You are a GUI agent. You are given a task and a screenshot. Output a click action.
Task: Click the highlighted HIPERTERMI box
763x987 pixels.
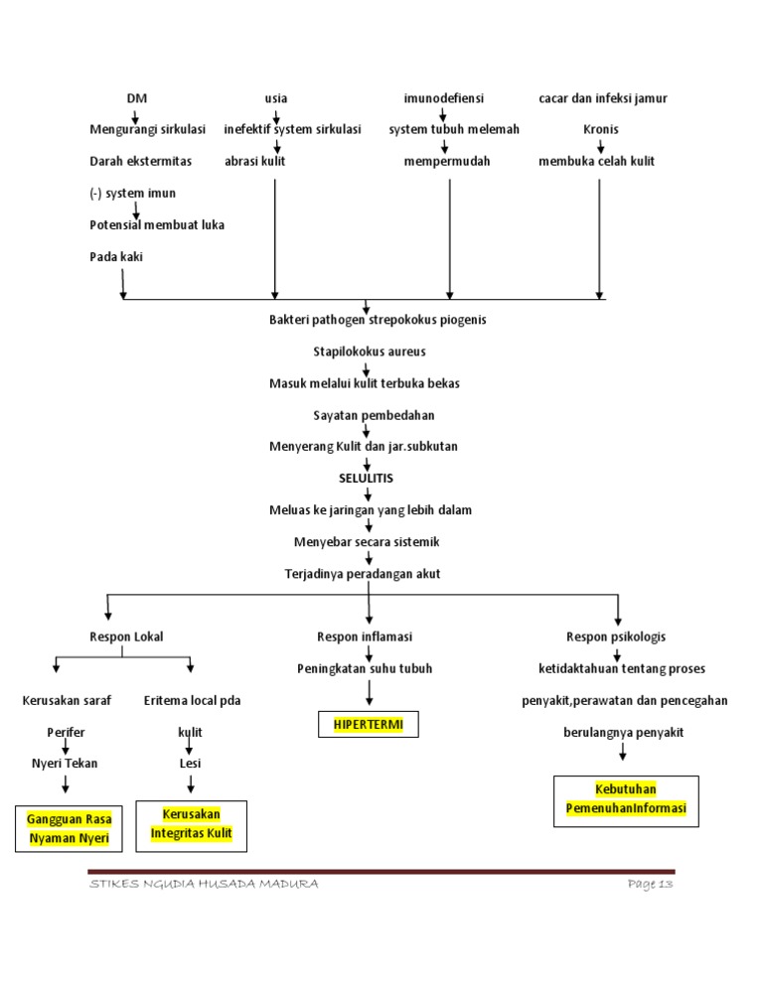coord(369,726)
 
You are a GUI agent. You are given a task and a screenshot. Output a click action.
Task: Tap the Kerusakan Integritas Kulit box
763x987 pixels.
coord(191,824)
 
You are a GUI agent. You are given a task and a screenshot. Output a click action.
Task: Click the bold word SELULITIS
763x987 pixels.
coord(366,478)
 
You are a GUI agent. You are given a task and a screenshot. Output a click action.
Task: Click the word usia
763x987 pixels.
coord(275,98)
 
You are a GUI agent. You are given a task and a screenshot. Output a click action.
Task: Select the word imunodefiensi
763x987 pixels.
coord(443,98)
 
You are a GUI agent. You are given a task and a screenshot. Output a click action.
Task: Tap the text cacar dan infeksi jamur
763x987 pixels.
coord(602,98)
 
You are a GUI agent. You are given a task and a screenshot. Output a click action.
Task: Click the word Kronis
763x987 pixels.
coord(601,129)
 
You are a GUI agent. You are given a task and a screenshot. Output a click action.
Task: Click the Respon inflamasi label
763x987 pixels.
coord(365,636)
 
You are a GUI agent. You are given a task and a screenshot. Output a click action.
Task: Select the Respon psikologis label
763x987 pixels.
coord(616,636)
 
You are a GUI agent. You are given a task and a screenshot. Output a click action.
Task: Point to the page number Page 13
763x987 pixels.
coord(651,885)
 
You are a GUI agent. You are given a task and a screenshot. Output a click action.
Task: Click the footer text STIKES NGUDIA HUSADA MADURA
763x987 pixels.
coord(204,885)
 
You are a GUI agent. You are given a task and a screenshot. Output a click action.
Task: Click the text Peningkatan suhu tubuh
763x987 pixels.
coord(365,668)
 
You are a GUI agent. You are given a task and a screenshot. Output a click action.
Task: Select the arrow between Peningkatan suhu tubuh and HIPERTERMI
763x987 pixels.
coord(369,693)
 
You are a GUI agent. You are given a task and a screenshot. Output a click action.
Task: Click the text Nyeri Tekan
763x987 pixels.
coord(67,764)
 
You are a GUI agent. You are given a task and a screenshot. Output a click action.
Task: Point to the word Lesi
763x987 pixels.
coord(190,764)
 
